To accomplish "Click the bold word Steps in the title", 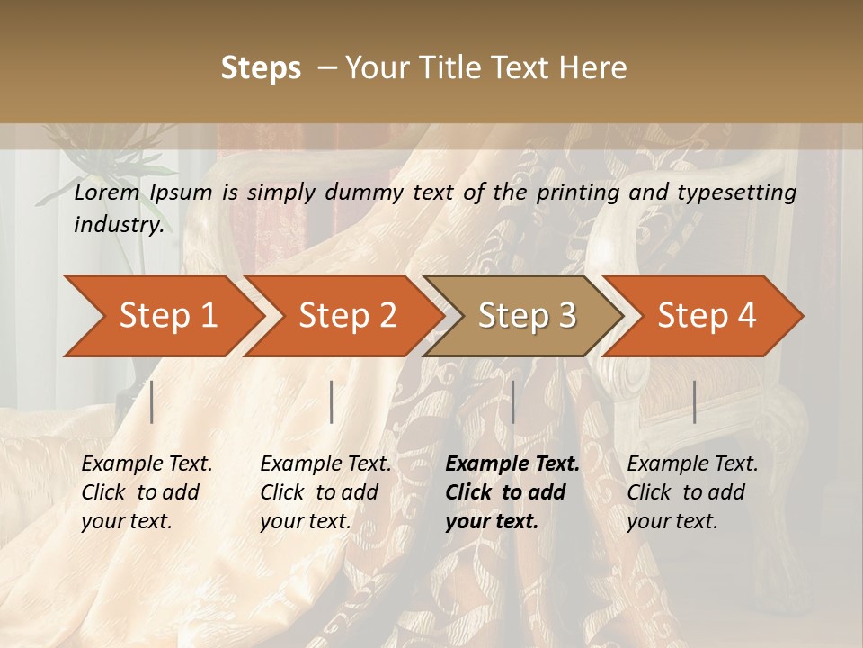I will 261,67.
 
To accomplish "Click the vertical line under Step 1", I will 152,401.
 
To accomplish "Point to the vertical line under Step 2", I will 332,401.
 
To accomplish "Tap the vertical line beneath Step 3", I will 513,401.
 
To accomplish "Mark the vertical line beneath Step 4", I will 695,401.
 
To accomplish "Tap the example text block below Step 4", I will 692,492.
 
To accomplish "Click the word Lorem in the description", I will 107,192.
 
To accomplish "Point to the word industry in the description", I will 119,225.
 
